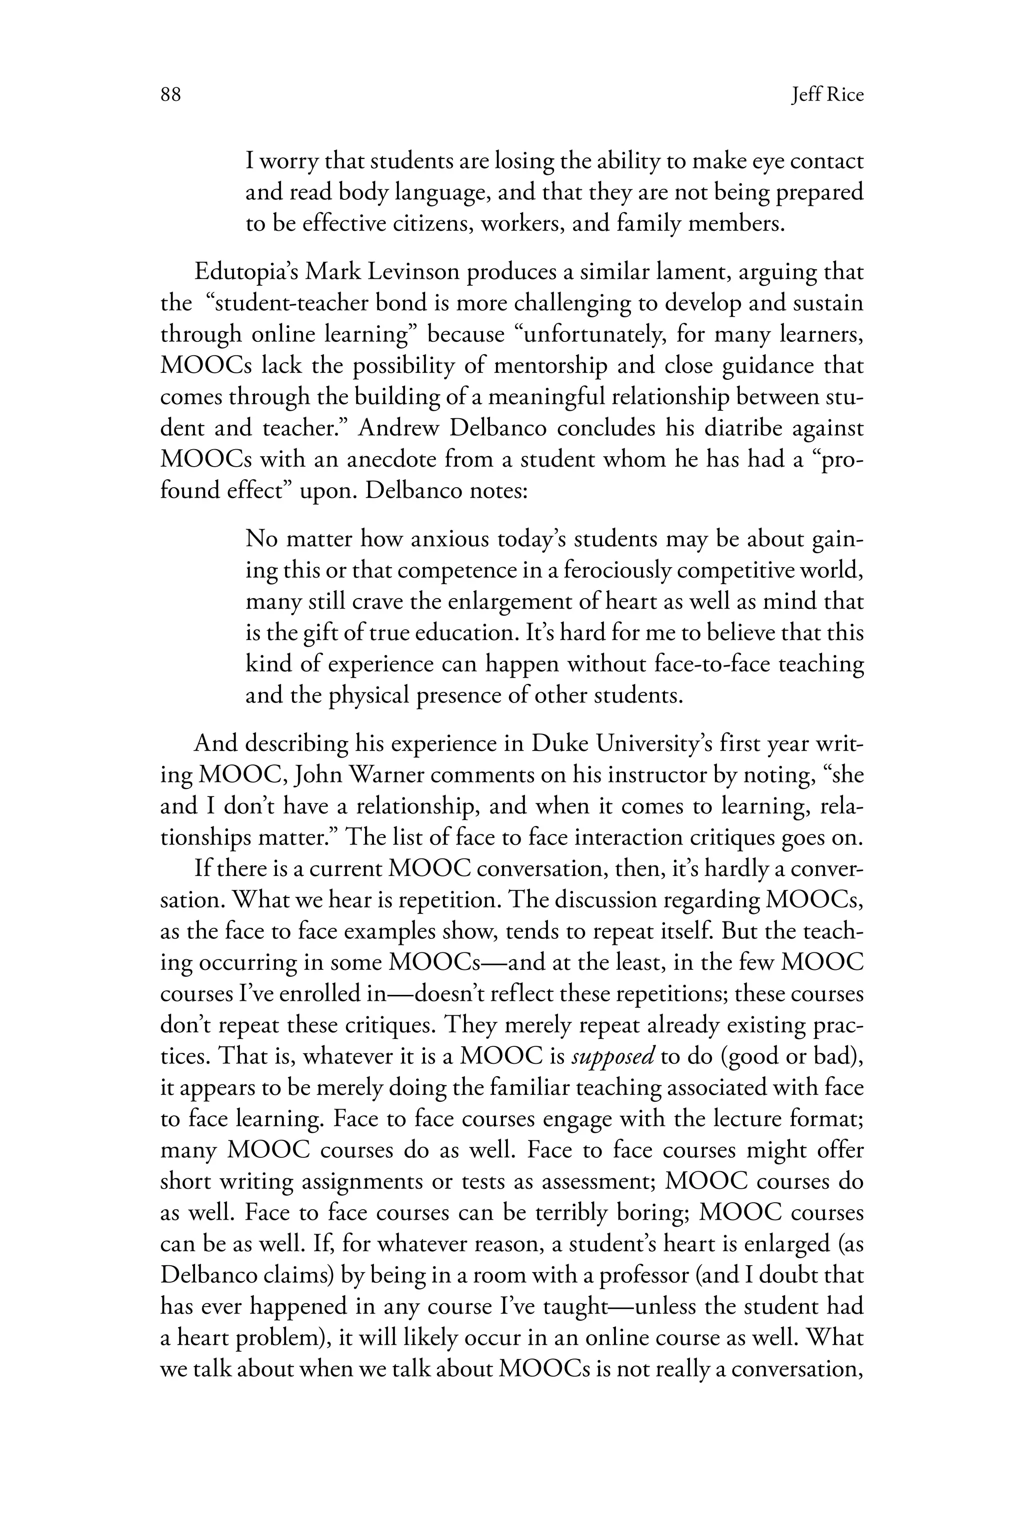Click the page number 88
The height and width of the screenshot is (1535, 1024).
pyautogui.click(x=170, y=95)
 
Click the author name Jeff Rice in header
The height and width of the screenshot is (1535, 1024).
pyautogui.click(x=827, y=95)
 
